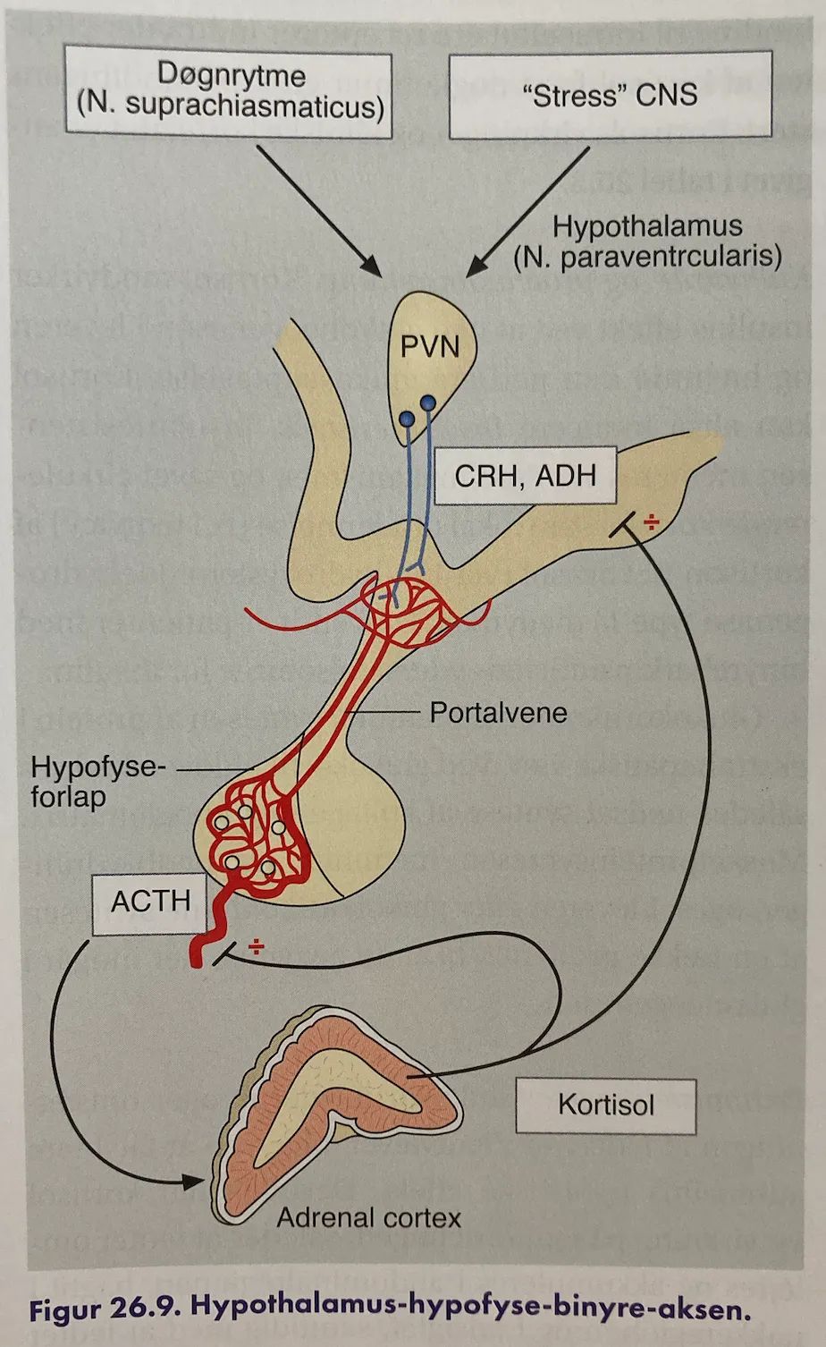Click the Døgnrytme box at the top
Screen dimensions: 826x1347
point(229,92)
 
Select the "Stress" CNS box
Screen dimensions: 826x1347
point(611,95)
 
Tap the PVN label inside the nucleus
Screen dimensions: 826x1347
point(430,347)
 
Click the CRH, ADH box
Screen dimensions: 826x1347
point(526,476)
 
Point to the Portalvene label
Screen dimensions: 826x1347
point(498,713)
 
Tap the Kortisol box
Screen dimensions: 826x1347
point(606,1106)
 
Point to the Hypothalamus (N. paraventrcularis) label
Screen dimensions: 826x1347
point(647,241)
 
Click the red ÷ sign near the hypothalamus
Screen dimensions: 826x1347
point(651,522)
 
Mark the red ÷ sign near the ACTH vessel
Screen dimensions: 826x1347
point(256,946)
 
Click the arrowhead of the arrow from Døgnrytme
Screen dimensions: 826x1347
point(371,267)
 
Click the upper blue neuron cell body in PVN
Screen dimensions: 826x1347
point(428,402)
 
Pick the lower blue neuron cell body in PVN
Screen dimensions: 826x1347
point(407,418)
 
